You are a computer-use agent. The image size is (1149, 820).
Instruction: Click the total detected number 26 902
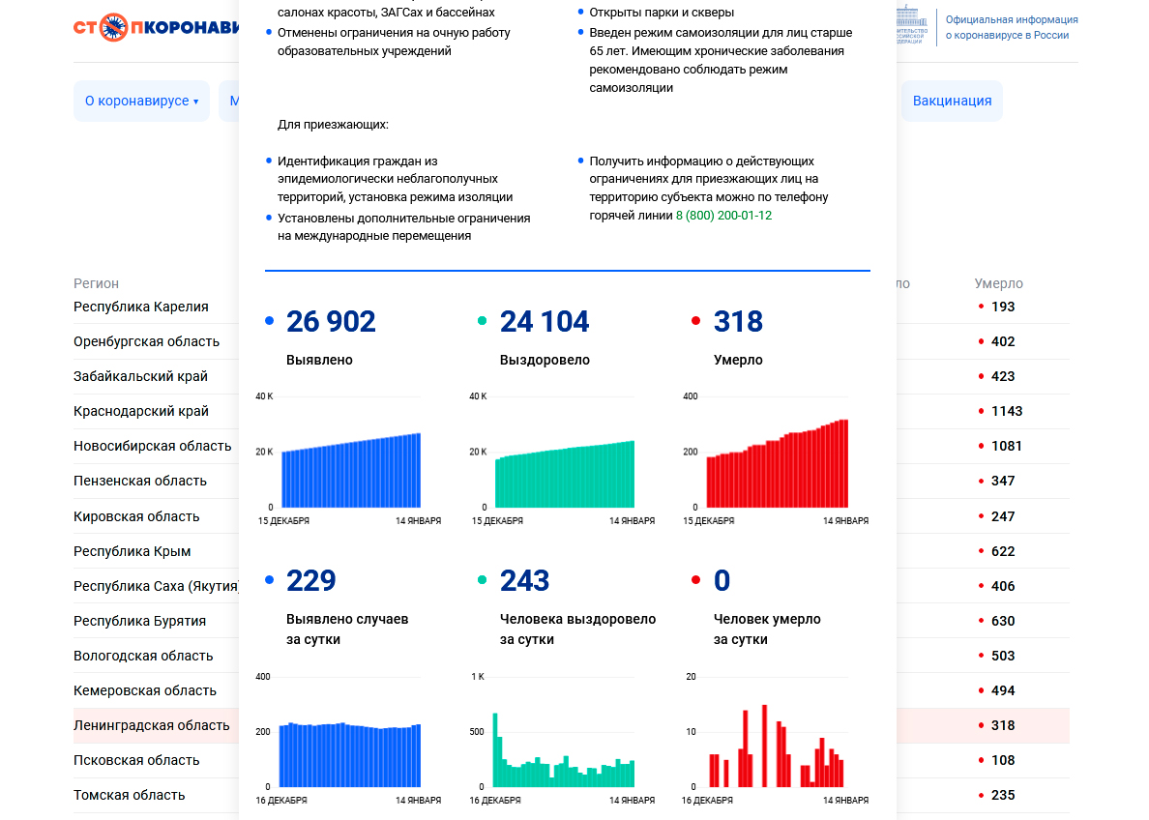(x=331, y=322)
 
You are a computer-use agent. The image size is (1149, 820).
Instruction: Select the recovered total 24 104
(x=545, y=322)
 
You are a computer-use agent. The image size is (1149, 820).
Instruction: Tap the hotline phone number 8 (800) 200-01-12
(x=723, y=216)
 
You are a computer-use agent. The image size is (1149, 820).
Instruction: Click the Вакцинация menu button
(x=952, y=101)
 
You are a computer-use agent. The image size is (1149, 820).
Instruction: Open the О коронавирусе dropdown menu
(x=141, y=101)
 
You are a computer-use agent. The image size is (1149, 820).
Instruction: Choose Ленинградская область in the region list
(x=152, y=725)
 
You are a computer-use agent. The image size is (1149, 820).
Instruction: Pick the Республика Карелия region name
(x=141, y=307)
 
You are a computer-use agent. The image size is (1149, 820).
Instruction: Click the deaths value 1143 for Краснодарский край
(x=1007, y=411)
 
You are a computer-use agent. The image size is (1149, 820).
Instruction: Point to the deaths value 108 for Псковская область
(x=1003, y=760)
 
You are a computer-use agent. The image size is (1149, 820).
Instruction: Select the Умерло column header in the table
(x=998, y=283)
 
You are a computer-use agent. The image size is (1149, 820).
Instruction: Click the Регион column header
(x=97, y=283)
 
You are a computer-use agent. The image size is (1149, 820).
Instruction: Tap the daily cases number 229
(x=311, y=581)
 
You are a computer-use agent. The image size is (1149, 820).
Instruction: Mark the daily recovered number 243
(x=525, y=581)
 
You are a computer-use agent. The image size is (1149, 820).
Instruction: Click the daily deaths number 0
(x=722, y=581)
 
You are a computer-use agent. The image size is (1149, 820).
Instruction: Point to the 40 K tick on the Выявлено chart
(x=264, y=396)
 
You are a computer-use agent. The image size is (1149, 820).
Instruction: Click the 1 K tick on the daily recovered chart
(x=478, y=676)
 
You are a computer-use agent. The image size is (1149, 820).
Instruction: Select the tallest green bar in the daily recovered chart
(x=495, y=749)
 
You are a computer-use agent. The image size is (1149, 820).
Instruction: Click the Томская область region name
(x=130, y=795)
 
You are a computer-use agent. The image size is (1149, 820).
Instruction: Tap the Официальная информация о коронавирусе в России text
(x=1012, y=27)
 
